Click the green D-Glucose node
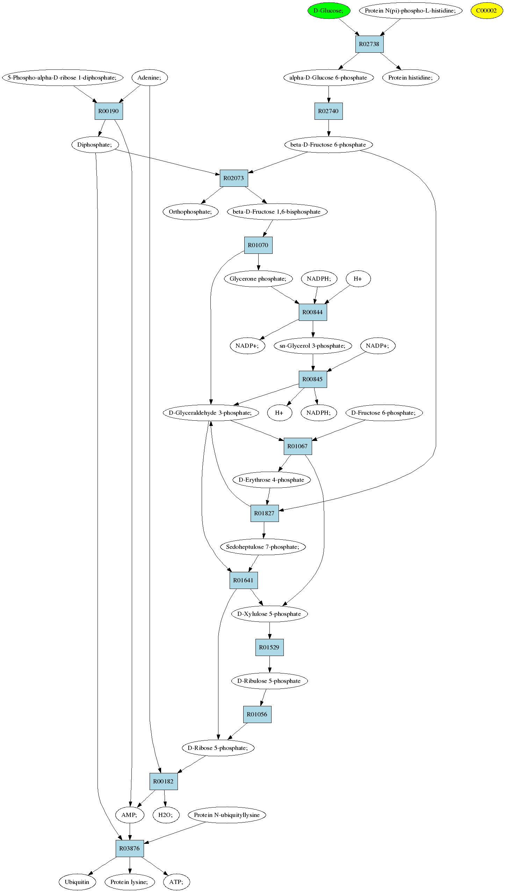pos(329,10)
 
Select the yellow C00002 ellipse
pos(486,10)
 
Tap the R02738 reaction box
pos(369,44)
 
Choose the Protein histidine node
pos(411,78)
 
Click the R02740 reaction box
pos(329,111)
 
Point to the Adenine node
pos(150,78)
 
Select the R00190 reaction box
pos(109,111)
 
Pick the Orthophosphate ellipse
pos(190,212)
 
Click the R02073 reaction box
pos(234,178)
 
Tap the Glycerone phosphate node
pos(258,279)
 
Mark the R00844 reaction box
pos(313,312)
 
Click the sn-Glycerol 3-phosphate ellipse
pos(312,346)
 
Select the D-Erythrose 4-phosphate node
pos(272,480)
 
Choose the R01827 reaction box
pos(265,514)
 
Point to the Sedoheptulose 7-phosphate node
pos(263,547)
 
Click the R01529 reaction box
pos(269,648)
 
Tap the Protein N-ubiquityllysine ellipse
pos(227,815)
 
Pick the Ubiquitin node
pos(77,882)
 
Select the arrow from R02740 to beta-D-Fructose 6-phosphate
pos(329,128)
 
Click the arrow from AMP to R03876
pos(130,832)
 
